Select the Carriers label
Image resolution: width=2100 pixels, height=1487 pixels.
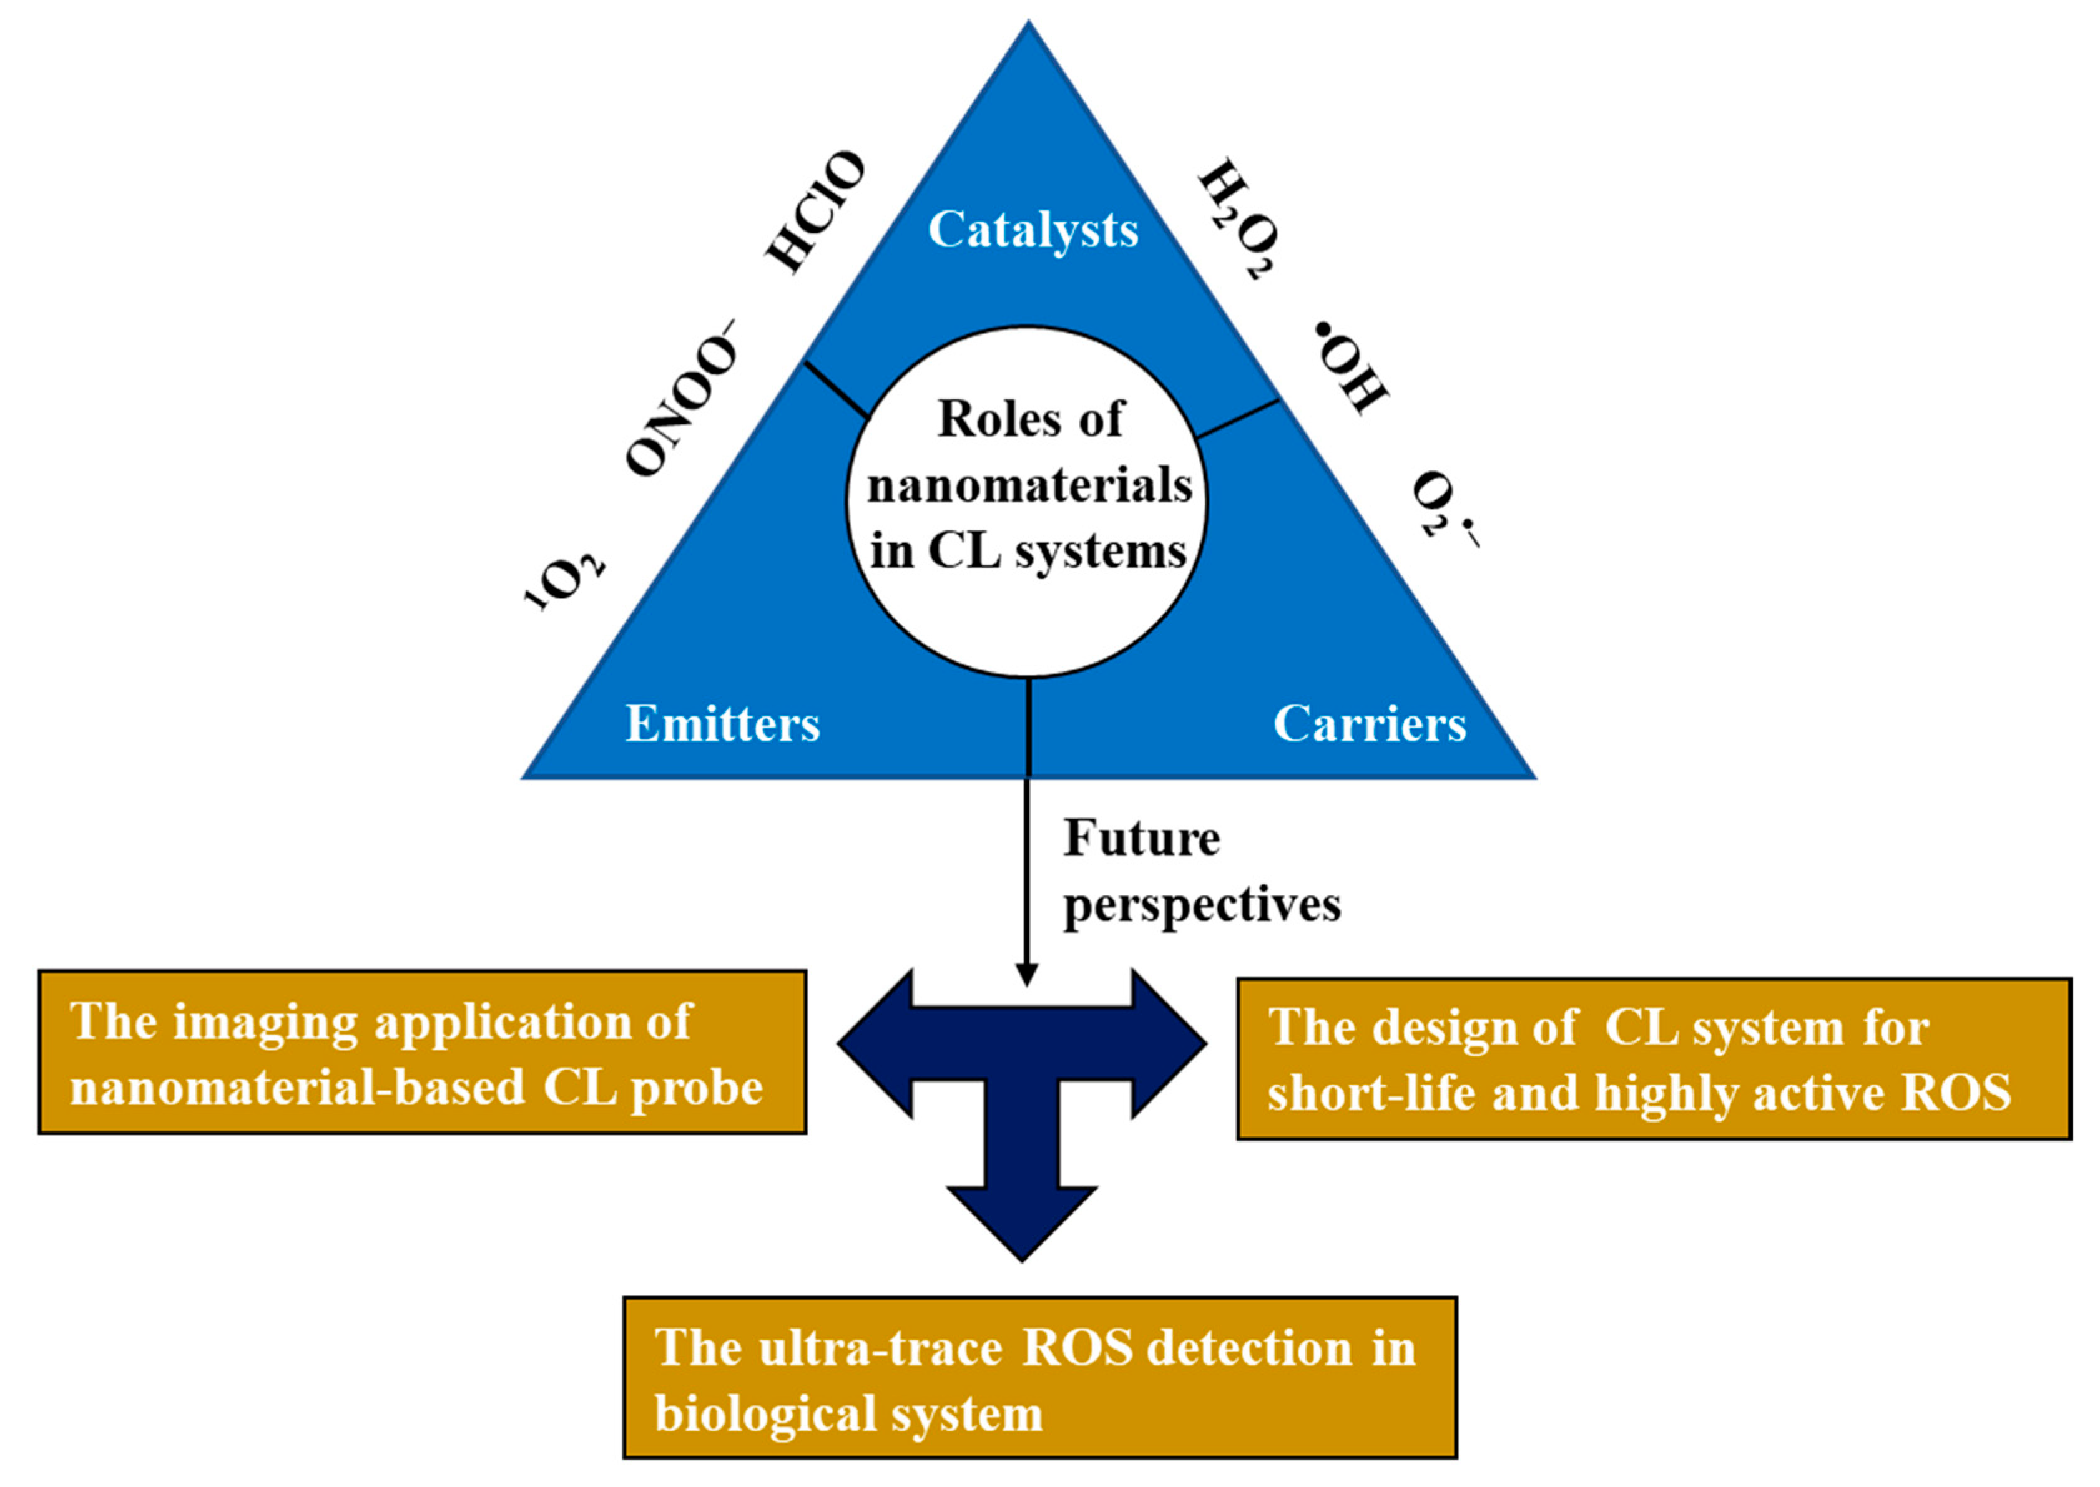coord(1368,724)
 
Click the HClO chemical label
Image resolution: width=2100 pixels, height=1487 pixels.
coord(814,212)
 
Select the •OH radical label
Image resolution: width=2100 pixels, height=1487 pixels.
coord(1351,366)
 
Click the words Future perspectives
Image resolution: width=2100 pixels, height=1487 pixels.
coord(1200,872)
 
